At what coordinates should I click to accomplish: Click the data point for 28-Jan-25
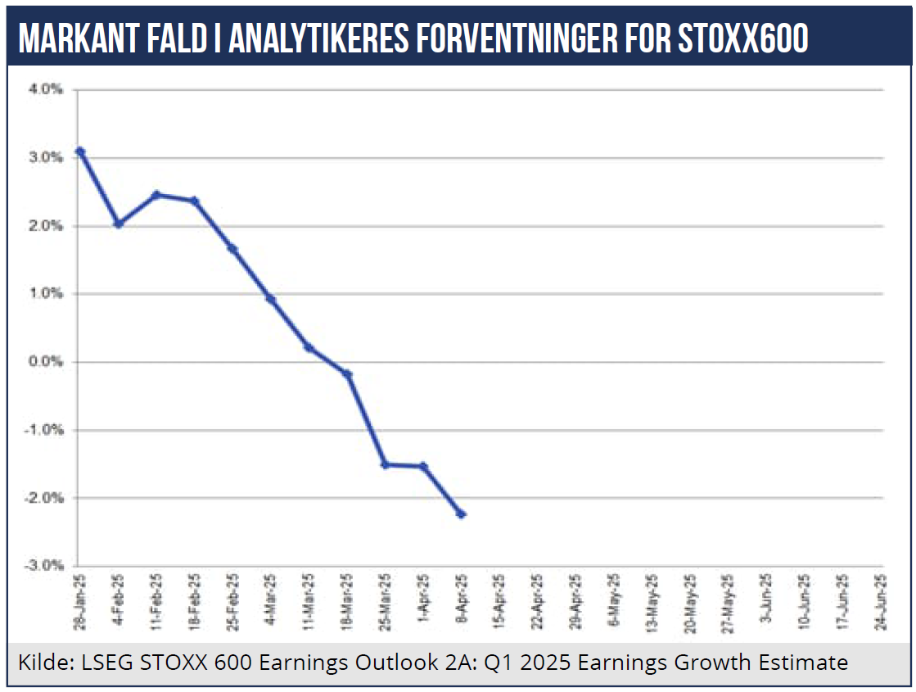pos(79,152)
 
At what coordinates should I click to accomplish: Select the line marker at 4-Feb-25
pos(118,223)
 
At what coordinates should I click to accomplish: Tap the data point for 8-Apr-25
pos(461,514)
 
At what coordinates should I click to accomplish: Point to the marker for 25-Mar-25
pos(385,464)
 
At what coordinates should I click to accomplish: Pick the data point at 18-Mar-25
pos(347,374)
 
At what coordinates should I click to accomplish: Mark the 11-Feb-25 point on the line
pos(156,195)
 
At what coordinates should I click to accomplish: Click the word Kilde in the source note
pos(41,663)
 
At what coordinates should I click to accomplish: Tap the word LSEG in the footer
pos(102,663)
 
